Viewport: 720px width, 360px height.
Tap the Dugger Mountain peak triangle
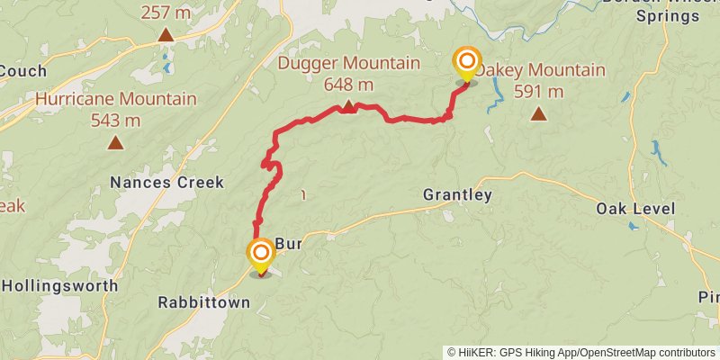point(347,108)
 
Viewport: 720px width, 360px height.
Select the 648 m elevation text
point(348,85)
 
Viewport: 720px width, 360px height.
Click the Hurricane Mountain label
point(116,99)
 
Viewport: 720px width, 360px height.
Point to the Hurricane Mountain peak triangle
point(115,142)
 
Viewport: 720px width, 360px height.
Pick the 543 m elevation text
point(115,120)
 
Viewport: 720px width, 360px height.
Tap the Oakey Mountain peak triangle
point(538,113)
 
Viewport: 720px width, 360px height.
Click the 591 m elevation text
point(538,91)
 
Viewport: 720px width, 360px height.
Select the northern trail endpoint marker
point(466,62)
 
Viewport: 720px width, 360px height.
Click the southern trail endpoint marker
point(261,253)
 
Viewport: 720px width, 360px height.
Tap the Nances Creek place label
point(166,183)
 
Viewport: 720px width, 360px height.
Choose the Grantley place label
point(458,195)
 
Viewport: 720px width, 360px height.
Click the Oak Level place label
point(635,209)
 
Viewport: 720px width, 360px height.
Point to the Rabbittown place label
point(203,302)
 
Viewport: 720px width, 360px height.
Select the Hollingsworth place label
point(59,285)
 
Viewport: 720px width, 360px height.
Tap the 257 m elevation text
point(166,13)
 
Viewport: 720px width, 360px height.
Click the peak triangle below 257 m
point(166,35)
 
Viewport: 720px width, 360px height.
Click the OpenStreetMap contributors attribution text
point(646,353)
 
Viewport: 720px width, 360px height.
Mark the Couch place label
point(16,71)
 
